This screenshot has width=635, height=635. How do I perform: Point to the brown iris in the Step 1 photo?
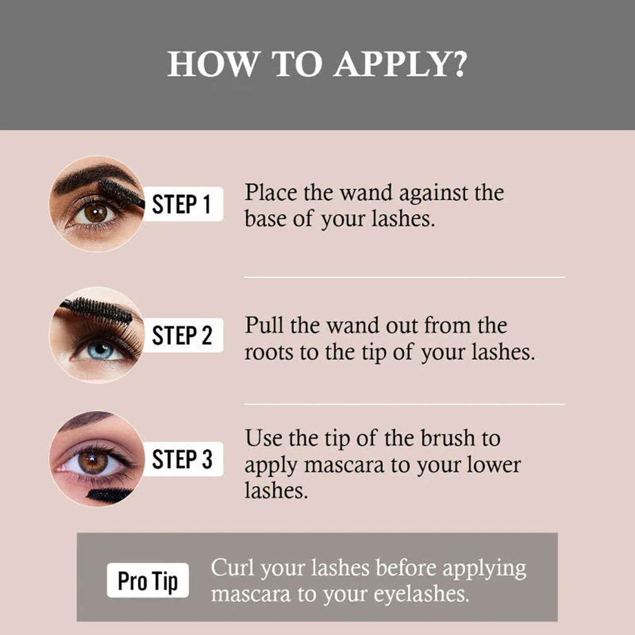click(95, 213)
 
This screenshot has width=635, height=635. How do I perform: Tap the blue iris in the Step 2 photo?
click(100, 351)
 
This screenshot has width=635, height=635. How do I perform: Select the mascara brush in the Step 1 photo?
click(121, 193)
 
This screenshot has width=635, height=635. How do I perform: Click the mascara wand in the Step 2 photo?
click(97, 310)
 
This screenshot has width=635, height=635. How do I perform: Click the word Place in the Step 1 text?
click(271, 192)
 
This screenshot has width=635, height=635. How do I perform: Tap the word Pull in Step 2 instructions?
click(264, 325)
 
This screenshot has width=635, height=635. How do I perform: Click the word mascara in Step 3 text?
click(344, 465)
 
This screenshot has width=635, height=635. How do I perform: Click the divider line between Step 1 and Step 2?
click(404, 277)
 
